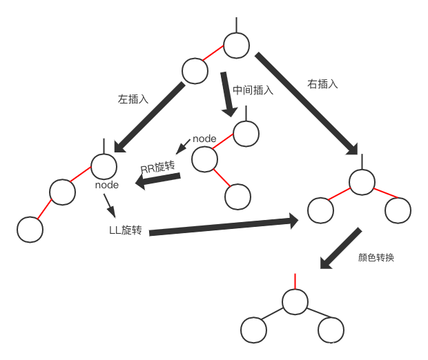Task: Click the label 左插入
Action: point(133,99)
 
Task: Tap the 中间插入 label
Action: point(253,90)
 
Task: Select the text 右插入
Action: point(322,84)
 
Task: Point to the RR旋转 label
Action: point(159,168)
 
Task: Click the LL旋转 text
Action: point(125,230)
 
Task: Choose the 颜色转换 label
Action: point(376,257)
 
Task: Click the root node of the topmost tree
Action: point(237,45)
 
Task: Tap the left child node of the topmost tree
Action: point(195,70)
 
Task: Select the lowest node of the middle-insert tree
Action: point(237,197)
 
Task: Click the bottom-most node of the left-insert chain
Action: point(29,230)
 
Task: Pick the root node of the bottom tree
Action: point(295,302)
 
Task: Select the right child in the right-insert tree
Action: point(398,210)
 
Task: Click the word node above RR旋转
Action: point(204,139)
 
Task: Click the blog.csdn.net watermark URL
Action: point(327,346)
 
